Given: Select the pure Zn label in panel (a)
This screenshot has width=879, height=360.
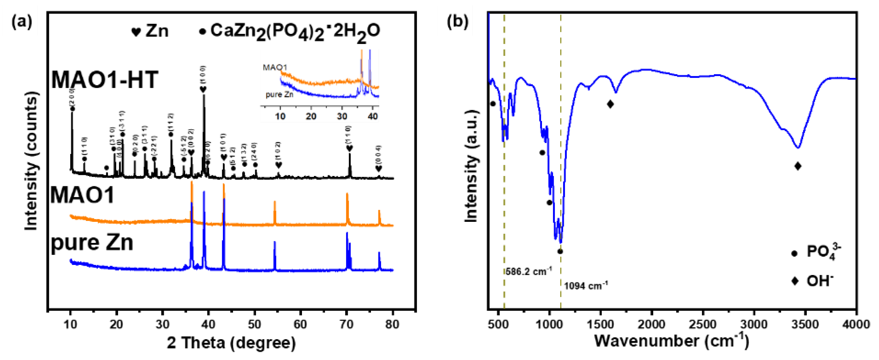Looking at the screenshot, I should tap(92, 243).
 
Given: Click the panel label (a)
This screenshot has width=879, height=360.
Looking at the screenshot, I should tap(22, 22).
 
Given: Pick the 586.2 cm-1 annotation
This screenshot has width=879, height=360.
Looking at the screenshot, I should tap(528, 272).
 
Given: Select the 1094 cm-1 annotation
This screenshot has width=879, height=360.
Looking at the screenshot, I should tap(586, 285).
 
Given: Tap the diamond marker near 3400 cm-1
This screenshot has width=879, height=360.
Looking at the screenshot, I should tap(798, 166).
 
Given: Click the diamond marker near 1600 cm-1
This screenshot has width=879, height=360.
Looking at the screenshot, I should tap(610, 104).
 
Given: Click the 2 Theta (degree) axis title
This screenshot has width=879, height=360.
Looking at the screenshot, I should tap(231, 342).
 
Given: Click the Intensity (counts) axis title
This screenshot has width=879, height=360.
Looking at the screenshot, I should tap(31, 162).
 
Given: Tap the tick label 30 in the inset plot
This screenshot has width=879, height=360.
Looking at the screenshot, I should tap(342, 116).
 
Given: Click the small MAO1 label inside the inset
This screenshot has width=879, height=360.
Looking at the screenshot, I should tap(275, 67).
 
